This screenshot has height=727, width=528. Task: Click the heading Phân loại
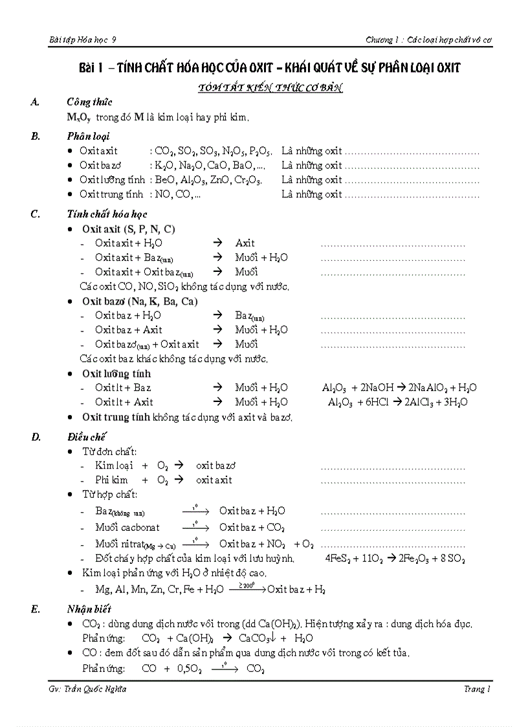click(x=88, y=136)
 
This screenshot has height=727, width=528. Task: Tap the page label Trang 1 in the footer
click(x=478, y=689)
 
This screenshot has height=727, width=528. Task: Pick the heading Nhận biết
click(x=89, y=609)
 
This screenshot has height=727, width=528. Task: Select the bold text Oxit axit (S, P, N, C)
click(x=129, y=229)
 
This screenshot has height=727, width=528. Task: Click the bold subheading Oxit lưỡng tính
click(x=116, y=374)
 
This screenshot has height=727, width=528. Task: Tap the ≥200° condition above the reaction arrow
click(x=246, y=585)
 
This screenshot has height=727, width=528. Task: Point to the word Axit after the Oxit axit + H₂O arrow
click(x=245, y=243)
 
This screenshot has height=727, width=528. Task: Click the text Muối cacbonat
click(x=127, y=528)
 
